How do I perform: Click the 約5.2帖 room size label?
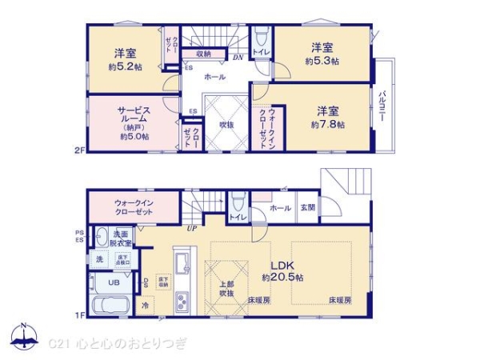pos(123,69)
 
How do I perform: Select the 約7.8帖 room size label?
pos(328,125)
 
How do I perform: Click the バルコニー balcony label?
pos(384,104)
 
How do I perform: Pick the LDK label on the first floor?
pos(282,266)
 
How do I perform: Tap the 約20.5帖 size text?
pos(282,278)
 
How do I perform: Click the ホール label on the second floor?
pos(214,78)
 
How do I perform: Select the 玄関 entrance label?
pos(308,208)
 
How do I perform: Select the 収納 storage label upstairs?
pos(202,54)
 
